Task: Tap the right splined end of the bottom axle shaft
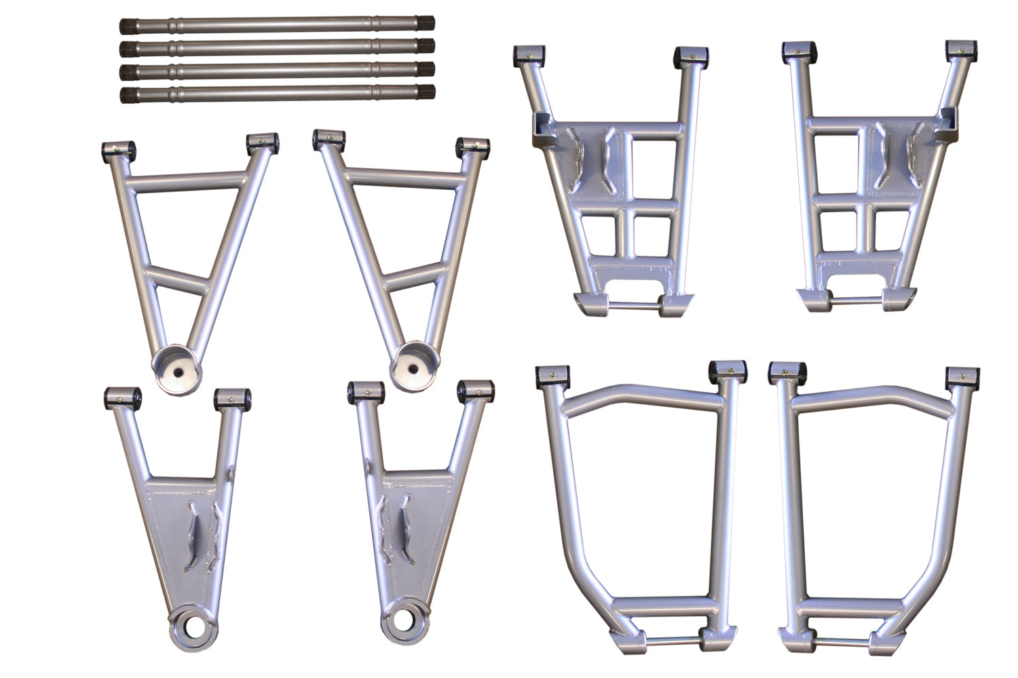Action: [x=426, y=94]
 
